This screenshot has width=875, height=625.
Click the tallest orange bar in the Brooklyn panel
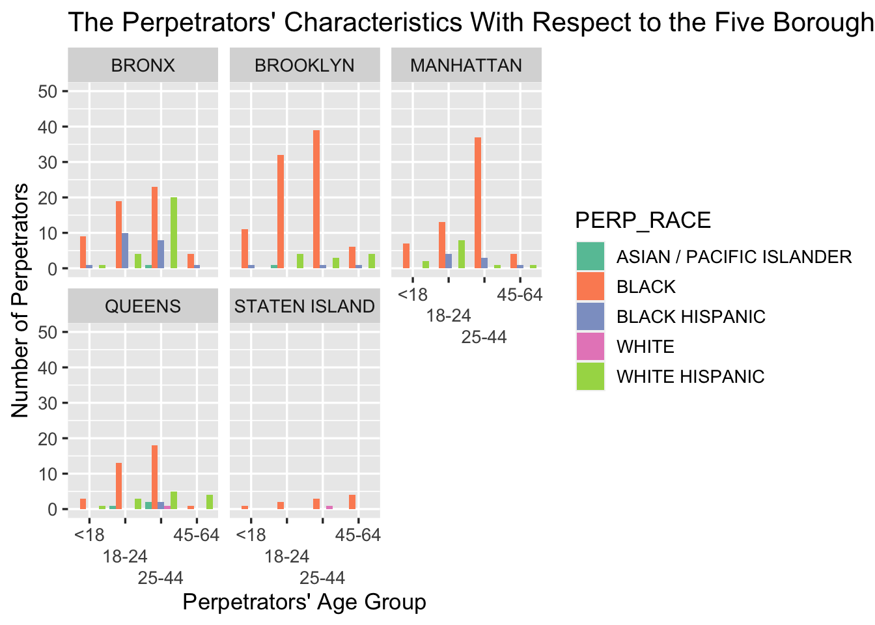pos(316,199)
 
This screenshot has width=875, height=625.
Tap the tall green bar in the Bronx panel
pos(174,232)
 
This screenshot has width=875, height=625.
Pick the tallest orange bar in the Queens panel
pos(154,477)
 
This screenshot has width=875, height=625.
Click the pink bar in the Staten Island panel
pos(329,507)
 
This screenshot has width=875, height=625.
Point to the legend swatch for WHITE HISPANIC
pos(590,376)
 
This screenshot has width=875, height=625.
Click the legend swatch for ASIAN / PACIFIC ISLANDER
pos(590,257)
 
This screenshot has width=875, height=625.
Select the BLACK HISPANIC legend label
pos(691,317)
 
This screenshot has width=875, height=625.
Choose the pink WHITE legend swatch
pos(590,346)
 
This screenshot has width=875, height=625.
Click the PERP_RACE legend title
pos(643,221)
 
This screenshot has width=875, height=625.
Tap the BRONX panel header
pos(143,66)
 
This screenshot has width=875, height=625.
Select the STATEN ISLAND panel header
pos(305,307)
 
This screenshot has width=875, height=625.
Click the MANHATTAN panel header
pos(466,66)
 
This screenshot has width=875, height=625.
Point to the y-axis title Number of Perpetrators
pos(20,300)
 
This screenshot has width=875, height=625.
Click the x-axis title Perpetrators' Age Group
pos(304,602)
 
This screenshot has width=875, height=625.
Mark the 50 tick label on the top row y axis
pos(48,91)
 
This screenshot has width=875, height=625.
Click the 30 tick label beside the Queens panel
pos(48,403)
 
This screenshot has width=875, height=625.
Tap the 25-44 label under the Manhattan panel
pos(484,337)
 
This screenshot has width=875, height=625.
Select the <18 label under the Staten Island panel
pos(251,535)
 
